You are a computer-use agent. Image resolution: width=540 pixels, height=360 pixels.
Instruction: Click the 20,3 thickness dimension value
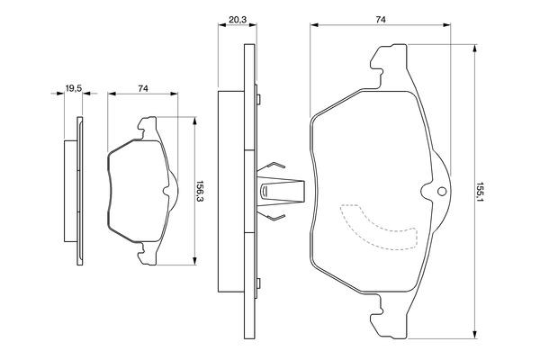[x=238, y=20]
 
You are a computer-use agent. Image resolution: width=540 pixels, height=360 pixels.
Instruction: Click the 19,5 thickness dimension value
[x=74, y=88]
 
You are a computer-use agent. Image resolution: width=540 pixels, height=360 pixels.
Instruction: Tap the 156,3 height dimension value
[x=200, y=191]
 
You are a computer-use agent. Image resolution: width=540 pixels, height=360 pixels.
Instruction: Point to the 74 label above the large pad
[x=380, y=20]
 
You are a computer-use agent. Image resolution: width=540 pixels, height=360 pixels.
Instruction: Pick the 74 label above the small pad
[x=143, y=88]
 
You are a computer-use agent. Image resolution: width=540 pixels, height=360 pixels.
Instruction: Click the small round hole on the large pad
[x=442, y=191]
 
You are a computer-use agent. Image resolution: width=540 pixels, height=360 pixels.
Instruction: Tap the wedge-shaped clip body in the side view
[x=281, y=191]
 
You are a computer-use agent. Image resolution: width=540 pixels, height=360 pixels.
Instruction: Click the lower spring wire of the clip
[x=272, y=215]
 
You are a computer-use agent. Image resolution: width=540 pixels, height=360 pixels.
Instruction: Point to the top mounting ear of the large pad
[x=389, y=66]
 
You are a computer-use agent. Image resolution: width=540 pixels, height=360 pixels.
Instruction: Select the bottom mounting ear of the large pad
[x=389, y=317]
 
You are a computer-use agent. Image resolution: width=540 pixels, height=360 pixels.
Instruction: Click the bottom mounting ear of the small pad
[x=147, y=254]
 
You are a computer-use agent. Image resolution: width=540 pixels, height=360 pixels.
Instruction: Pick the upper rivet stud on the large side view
[x=258, y=99]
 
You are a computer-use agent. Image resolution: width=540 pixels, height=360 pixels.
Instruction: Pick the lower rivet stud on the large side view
[x=258, y=283]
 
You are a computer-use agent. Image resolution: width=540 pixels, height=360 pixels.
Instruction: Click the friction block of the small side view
[x=70, y=191]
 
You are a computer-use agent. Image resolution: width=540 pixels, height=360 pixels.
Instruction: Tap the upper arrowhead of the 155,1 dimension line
[x=475, y=49]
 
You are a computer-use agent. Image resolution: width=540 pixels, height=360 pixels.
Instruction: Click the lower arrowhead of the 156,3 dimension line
[x=195, y=261]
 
